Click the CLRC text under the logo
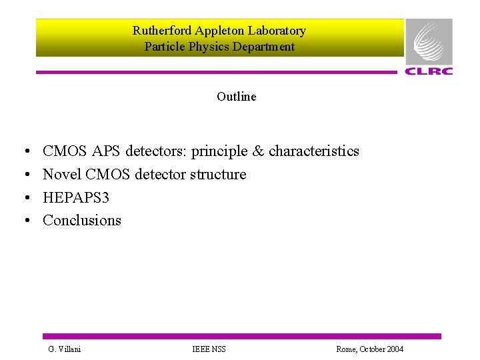click(x=429, y=71)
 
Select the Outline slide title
click(x=236, y=97)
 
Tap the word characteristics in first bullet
click(x=314, y=151)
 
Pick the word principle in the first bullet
click(x=219, y=151)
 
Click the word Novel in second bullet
click(x=60, y=175)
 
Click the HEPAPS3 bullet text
click(x=76, y=197)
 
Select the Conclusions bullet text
click(x=82, y=221)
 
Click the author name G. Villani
click(x=65, y=349)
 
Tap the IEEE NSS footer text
click(x=209, y=349)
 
